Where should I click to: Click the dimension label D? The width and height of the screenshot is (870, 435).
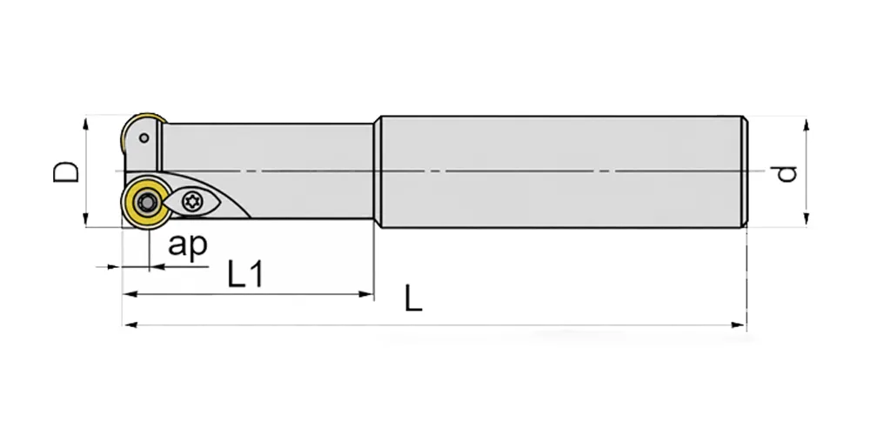coord(66,172)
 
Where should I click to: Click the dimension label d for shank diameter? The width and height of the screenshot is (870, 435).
coord(786,174)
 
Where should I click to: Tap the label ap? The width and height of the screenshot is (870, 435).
coord(188,244)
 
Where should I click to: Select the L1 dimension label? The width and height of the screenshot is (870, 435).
coord(244,273)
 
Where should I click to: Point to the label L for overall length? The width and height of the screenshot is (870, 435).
coord(413,298)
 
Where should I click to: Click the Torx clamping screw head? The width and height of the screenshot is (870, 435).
coord(192,201)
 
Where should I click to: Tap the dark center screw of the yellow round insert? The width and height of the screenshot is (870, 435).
coord(146,203)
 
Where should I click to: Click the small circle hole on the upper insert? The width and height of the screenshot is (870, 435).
coord(144,137)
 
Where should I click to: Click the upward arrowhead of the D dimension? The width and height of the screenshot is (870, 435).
coord(85,124)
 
